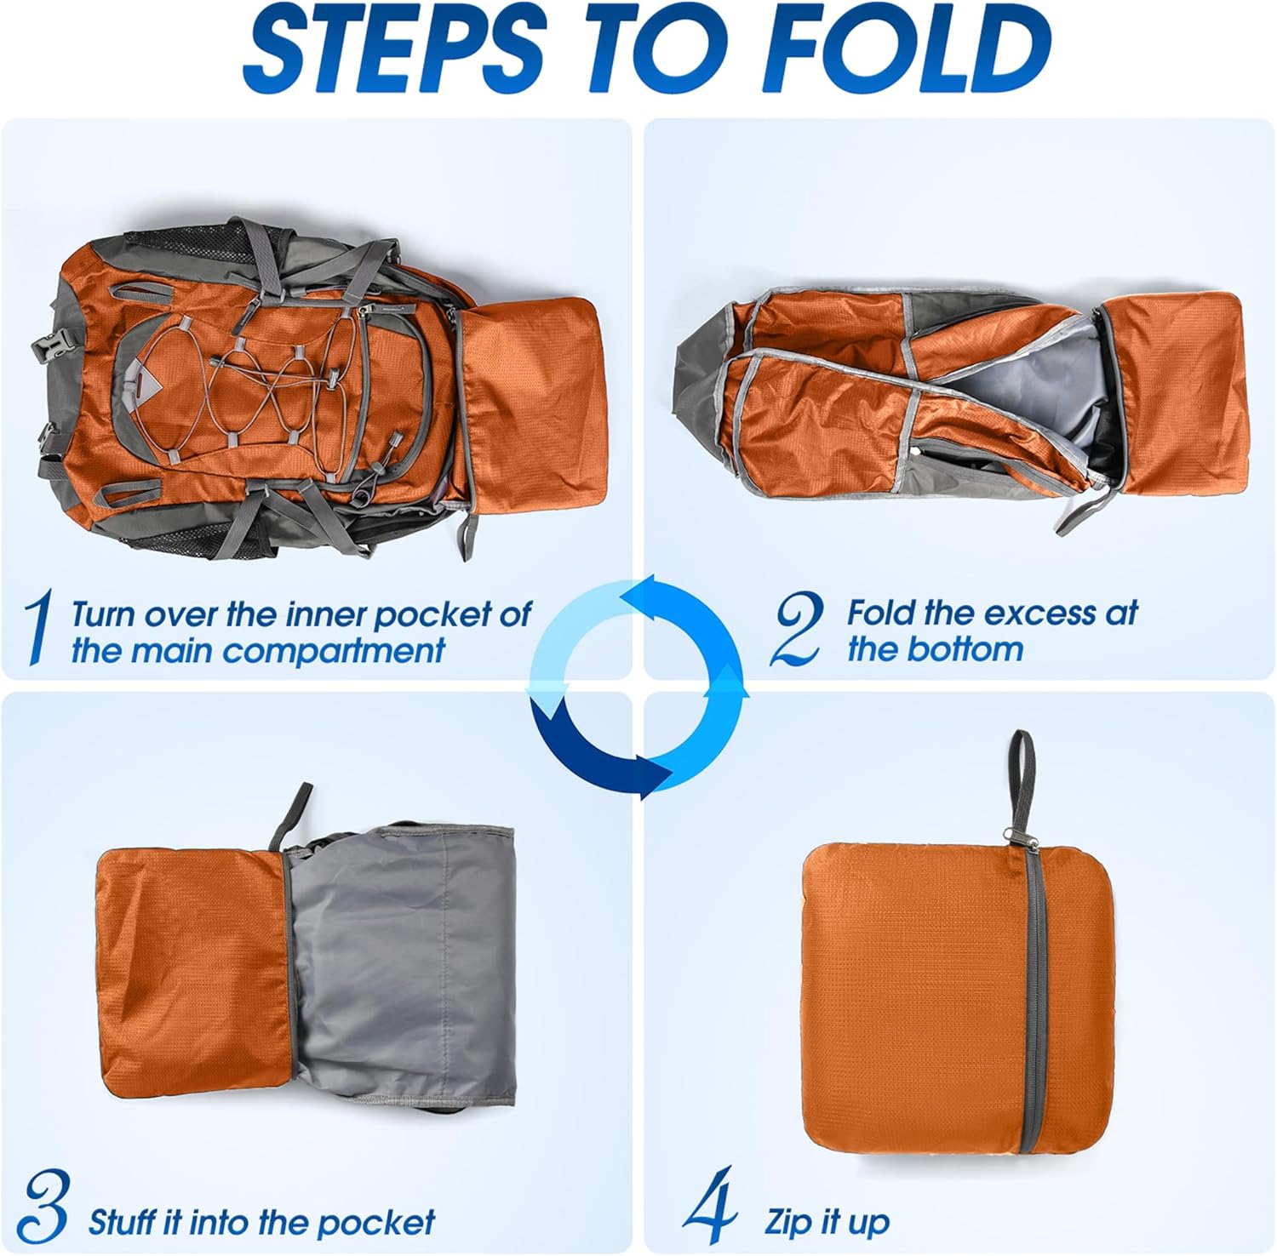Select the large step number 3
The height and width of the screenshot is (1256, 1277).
click(x=43, y=1207)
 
